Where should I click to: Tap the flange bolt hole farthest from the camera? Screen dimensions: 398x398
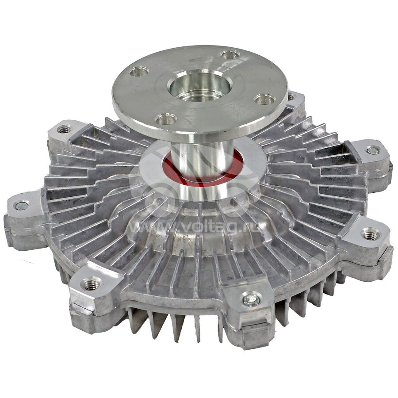pyautogui.click(x=230, y=54)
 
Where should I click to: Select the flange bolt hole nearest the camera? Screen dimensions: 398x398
pyautogui.click(x=166, y=119)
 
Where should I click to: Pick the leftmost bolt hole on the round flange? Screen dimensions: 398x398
pyautogui.click(x=139, y=72)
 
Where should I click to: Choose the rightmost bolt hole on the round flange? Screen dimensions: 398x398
pyautogui.click(x=265, y=99)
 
